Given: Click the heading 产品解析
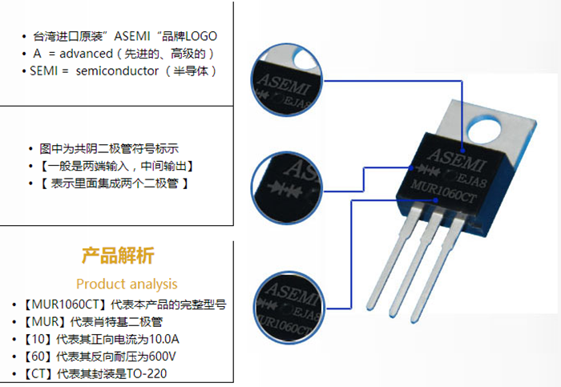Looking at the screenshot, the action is point(118,256).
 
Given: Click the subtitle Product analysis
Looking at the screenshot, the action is point(127,284).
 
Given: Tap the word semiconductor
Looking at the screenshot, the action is point(117,71).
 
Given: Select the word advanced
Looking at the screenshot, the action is point(86,54).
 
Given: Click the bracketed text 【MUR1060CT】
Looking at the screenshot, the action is point(64,304).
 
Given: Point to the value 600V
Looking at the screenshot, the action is point(162,357).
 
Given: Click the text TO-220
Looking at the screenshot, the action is point(147,373).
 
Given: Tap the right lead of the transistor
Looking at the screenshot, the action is point(438,270).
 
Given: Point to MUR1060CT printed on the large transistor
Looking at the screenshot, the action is point(444,192).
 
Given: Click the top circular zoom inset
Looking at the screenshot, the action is point(287,79).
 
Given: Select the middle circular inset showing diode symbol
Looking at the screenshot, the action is point(287,187).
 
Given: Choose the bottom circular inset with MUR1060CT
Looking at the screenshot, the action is point(289,308).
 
